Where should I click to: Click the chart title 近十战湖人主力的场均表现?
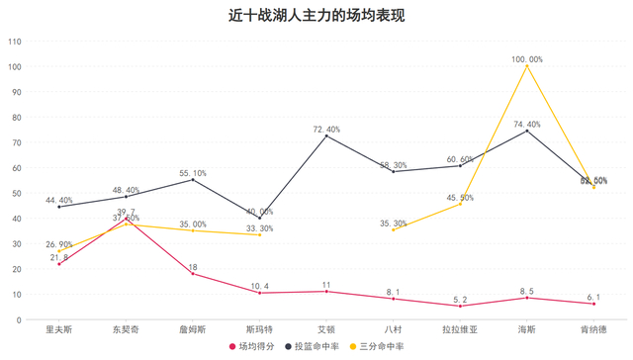click(x=316, y=16)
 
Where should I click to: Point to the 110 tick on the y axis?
click(x=15, y=42)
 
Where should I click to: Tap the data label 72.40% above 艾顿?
click(x=326, y=129)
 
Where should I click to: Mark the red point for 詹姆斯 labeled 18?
click(x=193, y=273)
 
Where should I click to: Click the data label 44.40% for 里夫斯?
click(x=58, y=200)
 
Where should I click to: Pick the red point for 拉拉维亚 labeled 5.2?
click(x=460, y=306)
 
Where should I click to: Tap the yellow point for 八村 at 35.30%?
click(x=394, y=229)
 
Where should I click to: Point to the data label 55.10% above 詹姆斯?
click(x=193, y=172)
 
